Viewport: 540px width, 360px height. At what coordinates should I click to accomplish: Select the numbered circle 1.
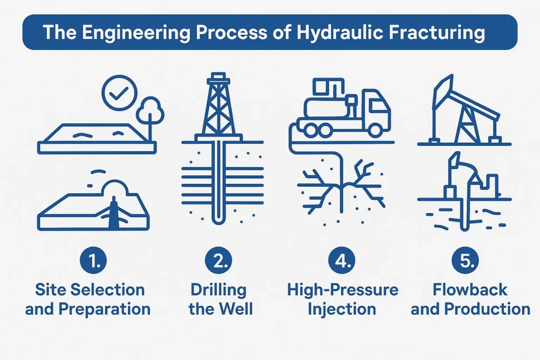click(x=93, y=260)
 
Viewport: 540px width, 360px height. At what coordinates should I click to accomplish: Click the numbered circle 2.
click(x=218, y=260)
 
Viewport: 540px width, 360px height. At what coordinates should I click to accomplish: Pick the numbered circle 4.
click(x=342, y=260)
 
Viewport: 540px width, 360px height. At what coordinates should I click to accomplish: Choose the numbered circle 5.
click(x=465, y=260)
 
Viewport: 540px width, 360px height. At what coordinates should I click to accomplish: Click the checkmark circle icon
click(x=120, y=93)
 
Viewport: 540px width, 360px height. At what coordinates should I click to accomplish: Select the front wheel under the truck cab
click(x=375, y=130)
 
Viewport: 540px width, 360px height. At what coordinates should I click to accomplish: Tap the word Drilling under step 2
click(x=218, y=290)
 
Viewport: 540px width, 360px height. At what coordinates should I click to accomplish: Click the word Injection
click(x=342, y=309)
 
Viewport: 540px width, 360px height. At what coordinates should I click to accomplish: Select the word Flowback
click(x=470, y=290)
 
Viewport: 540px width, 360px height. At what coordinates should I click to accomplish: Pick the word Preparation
click(x=104, y=309)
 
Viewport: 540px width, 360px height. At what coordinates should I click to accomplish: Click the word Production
click(x=487, y=309)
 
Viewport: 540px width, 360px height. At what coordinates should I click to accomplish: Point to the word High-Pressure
click(x=343, y=290)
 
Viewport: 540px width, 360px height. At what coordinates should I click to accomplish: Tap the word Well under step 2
click(x=236, y=309)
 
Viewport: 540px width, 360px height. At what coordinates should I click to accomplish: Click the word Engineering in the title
click(x=136, y=33)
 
